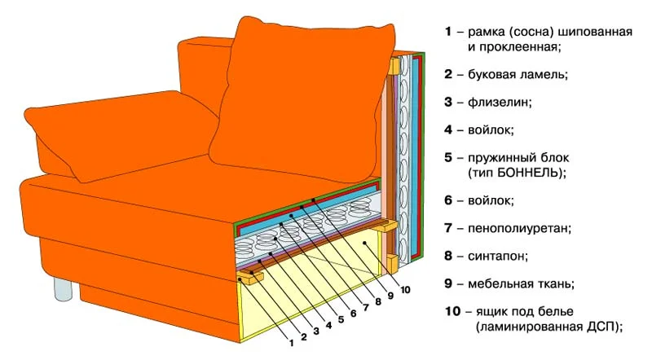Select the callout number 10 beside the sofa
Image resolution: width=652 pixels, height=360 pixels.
[406, 289]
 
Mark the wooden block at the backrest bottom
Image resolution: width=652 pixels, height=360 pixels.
[392, 262]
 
